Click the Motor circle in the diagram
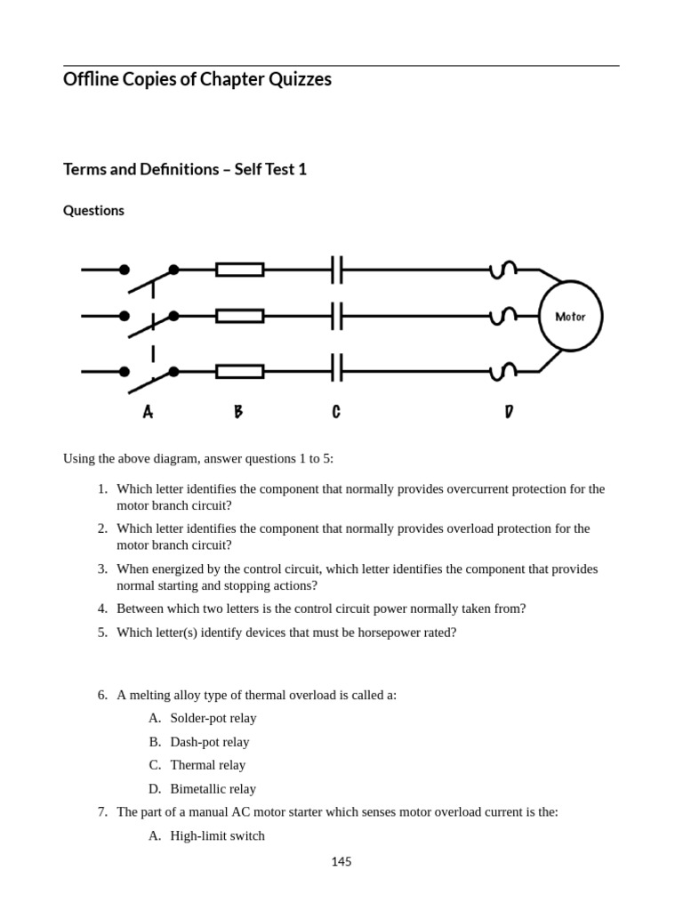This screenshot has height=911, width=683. click(570, 316)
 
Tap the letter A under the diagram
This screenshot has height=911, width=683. click(148, 412)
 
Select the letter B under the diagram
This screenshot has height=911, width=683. click(238, 412)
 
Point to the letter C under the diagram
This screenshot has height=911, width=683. click(336, 412)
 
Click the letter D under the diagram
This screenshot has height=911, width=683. click(508, 412)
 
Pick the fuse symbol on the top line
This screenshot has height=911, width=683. click(239, 270)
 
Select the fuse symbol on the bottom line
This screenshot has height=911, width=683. click(239, 371)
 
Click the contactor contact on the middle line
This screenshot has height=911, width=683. click(336, 316)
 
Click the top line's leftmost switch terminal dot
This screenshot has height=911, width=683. click(125, 270)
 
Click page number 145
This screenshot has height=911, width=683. click(341, 861)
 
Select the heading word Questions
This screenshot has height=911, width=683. click(93, 211)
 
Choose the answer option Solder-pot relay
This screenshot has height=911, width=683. click(213, 718)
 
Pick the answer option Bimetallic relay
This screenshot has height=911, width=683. click(213, 788)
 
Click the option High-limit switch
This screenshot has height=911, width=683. click(217, 835)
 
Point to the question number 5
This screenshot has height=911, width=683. click(102, 633)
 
